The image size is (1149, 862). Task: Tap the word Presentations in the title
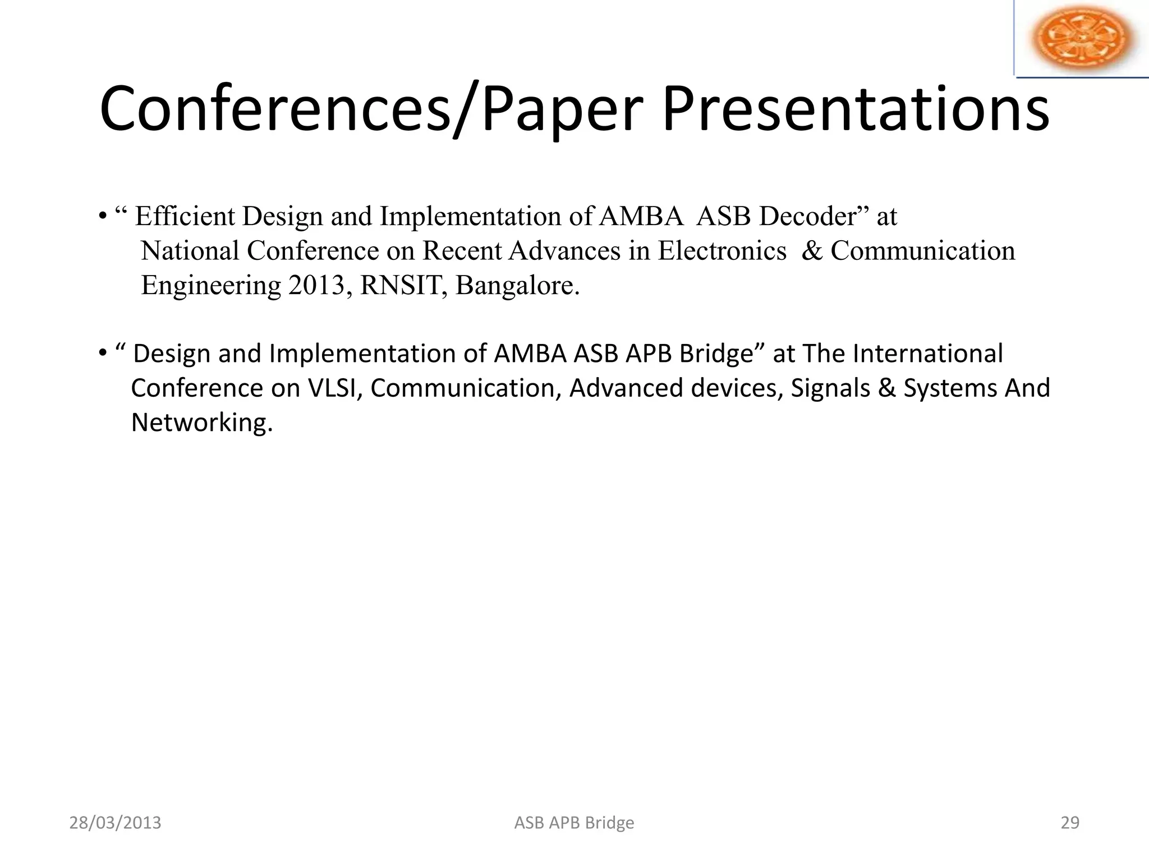click(x=855, y=109)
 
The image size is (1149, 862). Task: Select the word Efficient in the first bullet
click(x=185, y=217)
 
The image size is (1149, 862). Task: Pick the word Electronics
click(x=722, y=251)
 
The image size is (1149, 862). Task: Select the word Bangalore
click(x=517, y=286)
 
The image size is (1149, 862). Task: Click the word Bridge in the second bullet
click(x=723, y=354)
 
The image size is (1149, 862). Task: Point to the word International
click(x=927, y=354)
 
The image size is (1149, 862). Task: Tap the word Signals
click(x=830, y=388)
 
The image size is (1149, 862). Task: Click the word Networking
click(x=201, y=423)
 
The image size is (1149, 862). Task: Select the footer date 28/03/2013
click(x=115, y=823)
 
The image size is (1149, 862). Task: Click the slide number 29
click(x=1070, y=823)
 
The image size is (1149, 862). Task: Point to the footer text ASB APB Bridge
click(x=574, y=823)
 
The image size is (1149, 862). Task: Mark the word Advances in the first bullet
click(x=565, y=251)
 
